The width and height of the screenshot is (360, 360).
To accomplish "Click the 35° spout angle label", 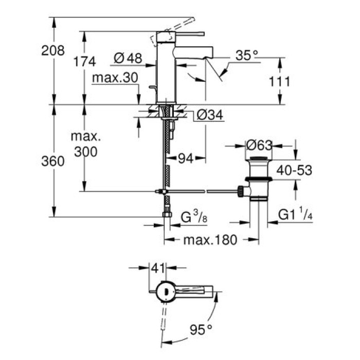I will pyautogui.click(x=248, y=55).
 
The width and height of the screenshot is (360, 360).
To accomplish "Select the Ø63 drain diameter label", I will pyautogui.click(x=259, y=146).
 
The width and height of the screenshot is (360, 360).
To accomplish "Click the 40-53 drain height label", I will pyautogui.click(x=293, y=170).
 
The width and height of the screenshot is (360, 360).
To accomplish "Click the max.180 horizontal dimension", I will pyautogui.click(x=203, y=240).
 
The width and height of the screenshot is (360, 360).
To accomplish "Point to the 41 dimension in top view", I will pyautogui.click(x=157, y=267).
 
